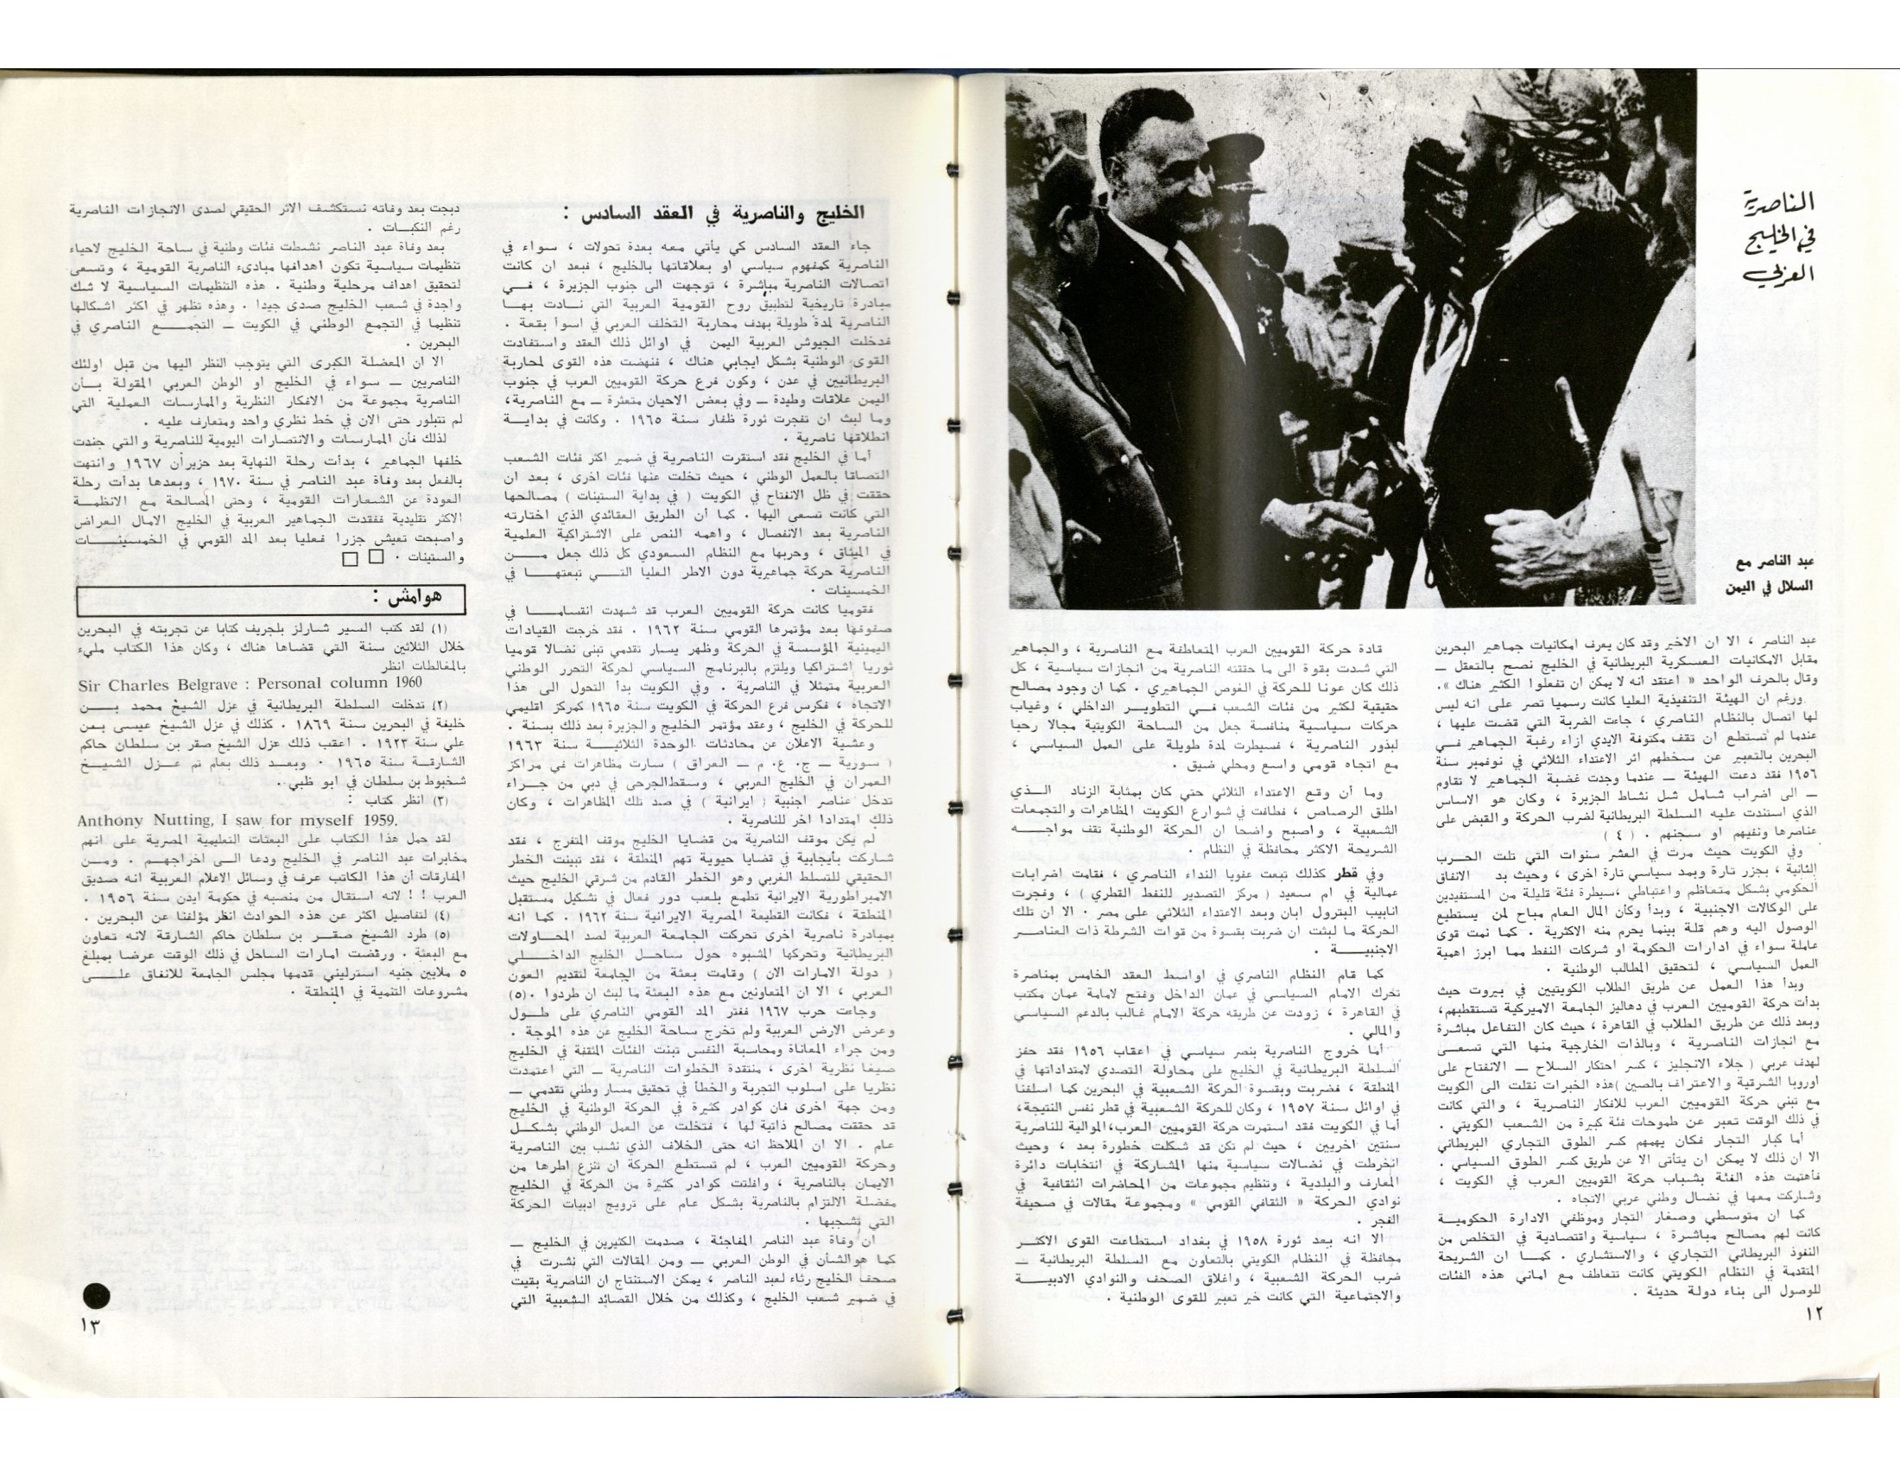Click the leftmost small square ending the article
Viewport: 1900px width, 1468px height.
(x=350, y=561)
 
